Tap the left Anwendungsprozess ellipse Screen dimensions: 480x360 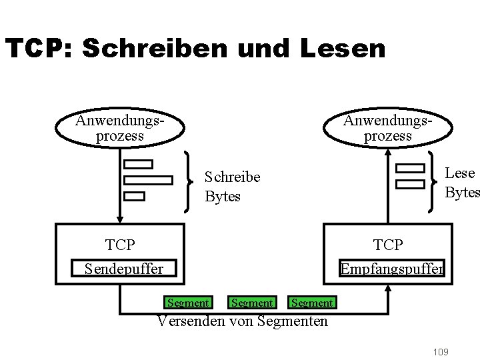pos(120,128)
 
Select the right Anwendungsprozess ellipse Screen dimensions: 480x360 pos(387,128)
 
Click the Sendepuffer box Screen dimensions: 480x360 pos(124,269)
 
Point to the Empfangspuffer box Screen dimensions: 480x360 pos(392,269)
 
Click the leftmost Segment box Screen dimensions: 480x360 pos(188,303)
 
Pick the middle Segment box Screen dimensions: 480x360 pos(252,303)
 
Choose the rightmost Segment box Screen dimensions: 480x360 pos(312,303)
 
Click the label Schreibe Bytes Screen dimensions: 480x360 pos(231,187)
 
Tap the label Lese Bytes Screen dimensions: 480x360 pos(461,183)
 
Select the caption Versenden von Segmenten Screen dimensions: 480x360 pos(243,321)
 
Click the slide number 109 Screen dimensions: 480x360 pos(441,352)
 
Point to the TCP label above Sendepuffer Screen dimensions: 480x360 pos(120,245)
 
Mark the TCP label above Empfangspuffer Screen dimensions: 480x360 pos(388,245)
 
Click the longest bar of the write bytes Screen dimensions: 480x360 pos(148,180)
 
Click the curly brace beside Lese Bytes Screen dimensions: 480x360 pos(433,180)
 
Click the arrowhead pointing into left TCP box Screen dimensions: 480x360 pos(120,219)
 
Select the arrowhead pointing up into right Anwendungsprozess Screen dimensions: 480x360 pos(387,149)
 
